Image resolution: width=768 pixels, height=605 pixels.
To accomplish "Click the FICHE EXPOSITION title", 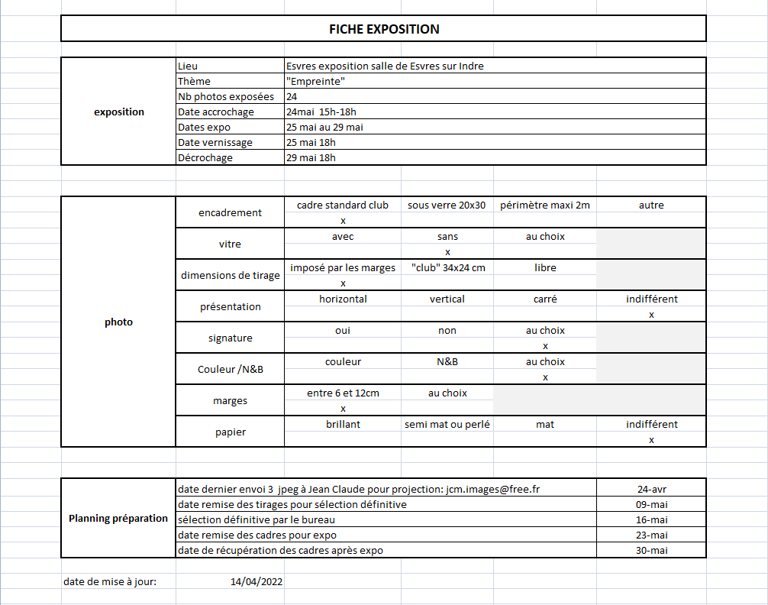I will pyautogui.click(x=384, y=29).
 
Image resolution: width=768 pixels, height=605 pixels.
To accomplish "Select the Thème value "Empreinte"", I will pyautogui.click(x=315, y=81).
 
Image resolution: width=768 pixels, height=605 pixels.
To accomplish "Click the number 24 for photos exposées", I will pyautogui.click(x=292, y=97).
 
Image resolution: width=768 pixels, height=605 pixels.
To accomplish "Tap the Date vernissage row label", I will pyautogui.click(x=215, y=143).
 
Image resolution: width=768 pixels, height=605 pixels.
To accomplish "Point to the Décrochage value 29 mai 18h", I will pyautogui.click(x=311, y=158).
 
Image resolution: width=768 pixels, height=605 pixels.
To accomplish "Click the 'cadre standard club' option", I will pyautogui.click(x=343, y=205).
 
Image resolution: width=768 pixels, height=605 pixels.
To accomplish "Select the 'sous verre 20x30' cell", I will pyautogui.click(x=447, y=205).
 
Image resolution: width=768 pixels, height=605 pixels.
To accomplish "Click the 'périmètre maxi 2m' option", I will pyautogui.click(x=545, y=205).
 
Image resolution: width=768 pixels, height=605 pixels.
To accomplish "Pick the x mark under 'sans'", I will pyautogui.click(x=447, y=252).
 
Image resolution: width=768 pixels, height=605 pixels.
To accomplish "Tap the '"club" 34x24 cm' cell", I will pyautogui.click(x=447, y=268).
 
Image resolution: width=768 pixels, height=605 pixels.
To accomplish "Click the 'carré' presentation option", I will pyautogui.click(x=545, y=299).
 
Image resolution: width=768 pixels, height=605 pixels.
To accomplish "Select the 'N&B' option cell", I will pyautogui.click(x=447, y=362).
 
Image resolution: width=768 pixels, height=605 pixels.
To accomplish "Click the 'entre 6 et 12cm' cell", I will pyautogui.click(x=343, y=393).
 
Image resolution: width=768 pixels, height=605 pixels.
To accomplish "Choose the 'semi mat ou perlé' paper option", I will pyautogui.click(x=447, y=425).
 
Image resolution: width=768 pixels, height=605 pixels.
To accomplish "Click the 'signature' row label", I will pyautogui.click(x=230, y=338).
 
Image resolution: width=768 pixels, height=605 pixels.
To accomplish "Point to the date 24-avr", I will pyautogui.click(x=651, y=489).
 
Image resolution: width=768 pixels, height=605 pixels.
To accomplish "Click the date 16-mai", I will pyautogui.click(x=651, y=519).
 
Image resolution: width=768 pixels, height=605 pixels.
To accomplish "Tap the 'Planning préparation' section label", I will pyautogui.click(x=118, y=518).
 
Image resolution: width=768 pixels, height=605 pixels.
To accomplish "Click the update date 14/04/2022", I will pyautogui.click(x=257, y=582).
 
